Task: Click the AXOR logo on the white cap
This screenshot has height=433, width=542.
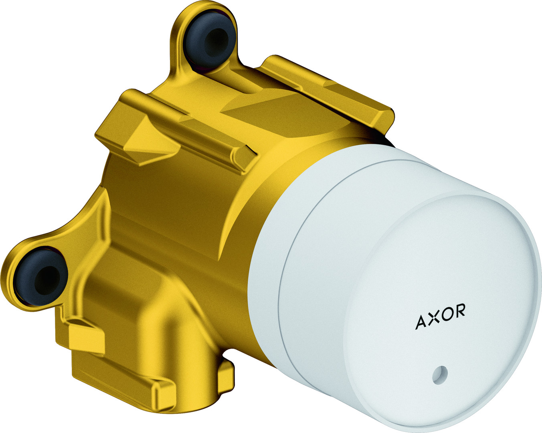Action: pos(440,316)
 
